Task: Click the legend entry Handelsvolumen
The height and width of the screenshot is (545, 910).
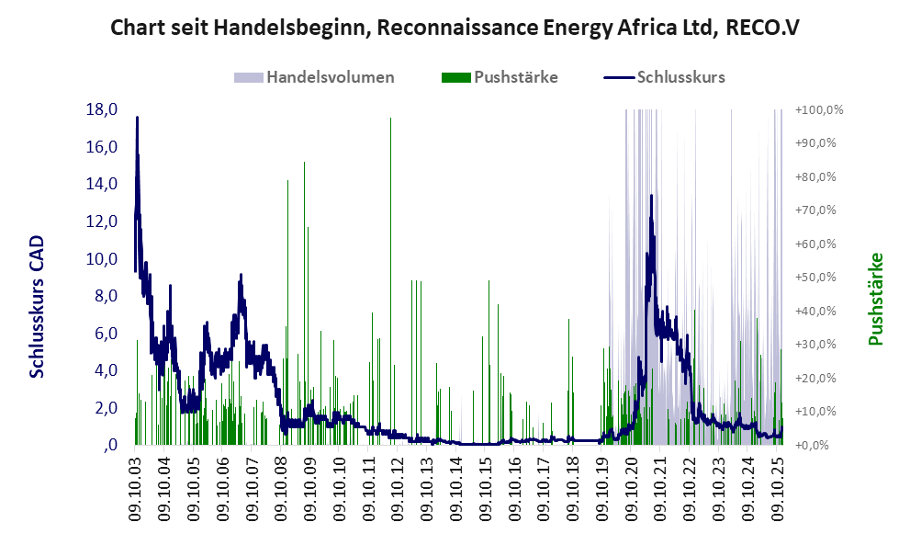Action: [x=330, y=77]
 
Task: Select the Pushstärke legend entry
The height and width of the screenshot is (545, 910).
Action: [x=515, y=77]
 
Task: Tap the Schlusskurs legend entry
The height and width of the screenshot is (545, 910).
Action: [x=680, y=77]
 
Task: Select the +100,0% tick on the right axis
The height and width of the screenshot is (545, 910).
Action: [x=819, y=110]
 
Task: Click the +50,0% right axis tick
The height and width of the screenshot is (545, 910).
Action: [x=819, y=277]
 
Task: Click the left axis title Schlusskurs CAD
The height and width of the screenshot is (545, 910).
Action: [x=38, y=306]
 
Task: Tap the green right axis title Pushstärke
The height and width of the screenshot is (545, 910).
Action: [x=875, y=299]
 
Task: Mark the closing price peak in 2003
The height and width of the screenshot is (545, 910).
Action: [x=137, y=118]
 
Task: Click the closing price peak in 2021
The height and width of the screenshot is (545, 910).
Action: [x=651, y=196]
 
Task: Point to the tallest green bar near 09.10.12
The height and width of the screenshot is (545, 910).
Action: [x=390, y=119]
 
